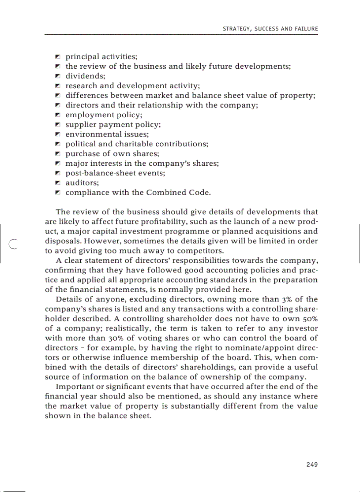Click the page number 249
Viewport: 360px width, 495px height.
point(311,464)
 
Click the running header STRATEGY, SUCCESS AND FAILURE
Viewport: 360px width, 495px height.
point(270,29)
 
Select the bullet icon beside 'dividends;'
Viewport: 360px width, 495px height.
point(57,76)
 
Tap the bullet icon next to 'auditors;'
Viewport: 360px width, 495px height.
point(57,183)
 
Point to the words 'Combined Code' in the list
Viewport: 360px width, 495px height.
point(183,193)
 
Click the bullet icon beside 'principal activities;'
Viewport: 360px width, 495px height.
point(57,57)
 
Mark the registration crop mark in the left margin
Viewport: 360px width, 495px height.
point(14,243)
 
